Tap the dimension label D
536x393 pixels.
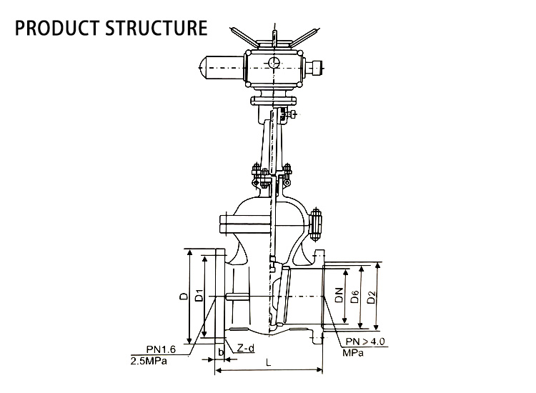pos(184,295)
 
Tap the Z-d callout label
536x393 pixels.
pos(246,348)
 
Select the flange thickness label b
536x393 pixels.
pos(221,352)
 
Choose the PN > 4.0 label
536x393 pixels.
pos(366,342)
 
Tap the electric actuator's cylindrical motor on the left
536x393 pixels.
pos(220,68)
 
